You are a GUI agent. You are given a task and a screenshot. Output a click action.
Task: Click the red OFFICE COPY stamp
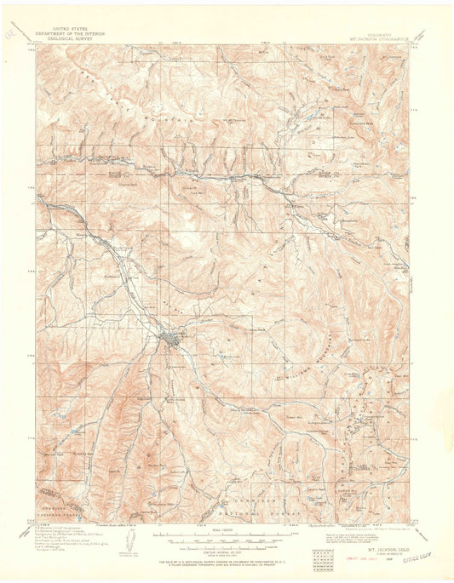pos(419,552)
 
